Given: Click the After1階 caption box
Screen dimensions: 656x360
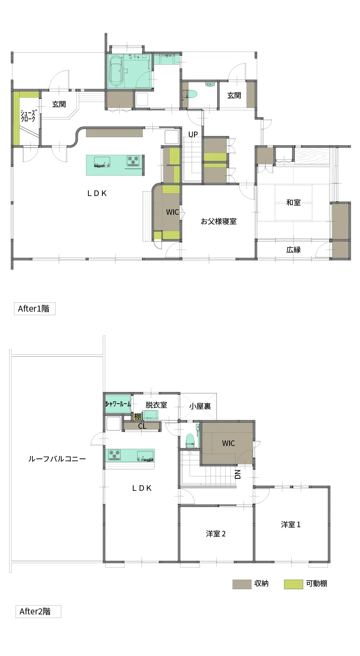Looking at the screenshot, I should point(34,309).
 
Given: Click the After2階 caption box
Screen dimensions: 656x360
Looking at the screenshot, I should point(38,612).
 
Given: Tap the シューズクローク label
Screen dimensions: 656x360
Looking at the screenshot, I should point(28,116).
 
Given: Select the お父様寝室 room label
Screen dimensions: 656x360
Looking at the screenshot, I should point(218,221).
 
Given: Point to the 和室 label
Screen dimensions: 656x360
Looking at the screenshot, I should point(293,203).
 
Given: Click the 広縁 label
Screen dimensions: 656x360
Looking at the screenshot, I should point(293,250).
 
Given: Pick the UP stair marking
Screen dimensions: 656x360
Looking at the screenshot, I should point(193,134).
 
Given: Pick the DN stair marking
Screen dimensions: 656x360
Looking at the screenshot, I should point(238,474).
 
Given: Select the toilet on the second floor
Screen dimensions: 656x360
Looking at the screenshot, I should point(190,440).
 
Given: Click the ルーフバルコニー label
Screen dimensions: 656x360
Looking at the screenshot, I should point(57,459).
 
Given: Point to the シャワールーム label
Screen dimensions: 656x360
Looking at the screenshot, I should point(118,404).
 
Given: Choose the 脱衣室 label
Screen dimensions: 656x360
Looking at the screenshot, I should point(156,405).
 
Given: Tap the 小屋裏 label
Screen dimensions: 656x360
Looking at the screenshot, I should point(200,406).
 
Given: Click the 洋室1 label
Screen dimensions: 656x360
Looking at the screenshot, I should point(290,524).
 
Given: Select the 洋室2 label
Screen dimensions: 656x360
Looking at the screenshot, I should point(216,534).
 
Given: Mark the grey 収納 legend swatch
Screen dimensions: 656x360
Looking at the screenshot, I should point(242,584).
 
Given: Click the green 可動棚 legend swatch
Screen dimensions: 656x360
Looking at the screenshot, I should point(293,584).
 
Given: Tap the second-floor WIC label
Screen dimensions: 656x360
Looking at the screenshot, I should point(228,443).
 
